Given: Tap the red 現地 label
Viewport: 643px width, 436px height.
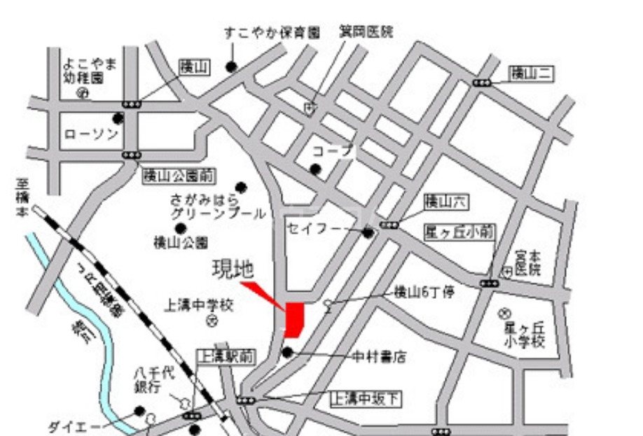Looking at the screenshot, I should (232, 269).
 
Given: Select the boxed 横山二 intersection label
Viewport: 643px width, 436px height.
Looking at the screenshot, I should (531, 72).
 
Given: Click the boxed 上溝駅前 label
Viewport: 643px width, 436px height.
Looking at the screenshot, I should (225, 357).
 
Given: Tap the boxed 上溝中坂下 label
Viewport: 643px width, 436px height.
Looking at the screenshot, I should (366, 399).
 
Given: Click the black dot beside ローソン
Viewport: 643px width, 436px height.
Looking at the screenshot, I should (118, 119).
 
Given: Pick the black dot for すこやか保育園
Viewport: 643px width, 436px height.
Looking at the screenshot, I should (231, 66).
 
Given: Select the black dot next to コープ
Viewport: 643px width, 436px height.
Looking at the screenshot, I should (316, 169).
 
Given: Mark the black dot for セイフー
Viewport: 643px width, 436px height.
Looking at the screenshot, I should (368, 233).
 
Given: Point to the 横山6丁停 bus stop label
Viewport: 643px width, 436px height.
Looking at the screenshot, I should (424, 292).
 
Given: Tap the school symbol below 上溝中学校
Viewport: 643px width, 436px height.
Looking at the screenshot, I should (212, 321).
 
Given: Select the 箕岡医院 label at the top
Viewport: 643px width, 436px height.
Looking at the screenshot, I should (366, 32).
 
